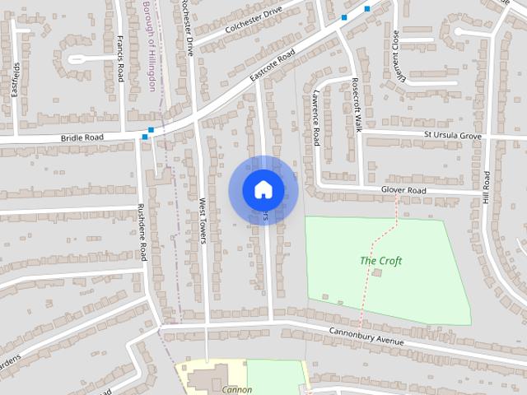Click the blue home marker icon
coord(263,190)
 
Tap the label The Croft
coord(380,261)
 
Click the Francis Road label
coord(120,58)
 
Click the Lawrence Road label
coord(315,118)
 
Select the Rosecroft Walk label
coord(357,105)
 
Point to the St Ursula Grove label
coord(452,132)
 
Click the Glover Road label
coord(403,190)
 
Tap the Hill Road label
coord(487,193)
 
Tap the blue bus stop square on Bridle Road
coord(145,137)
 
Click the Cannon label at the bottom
coord(236,389)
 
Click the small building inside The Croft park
coord(377,272)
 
